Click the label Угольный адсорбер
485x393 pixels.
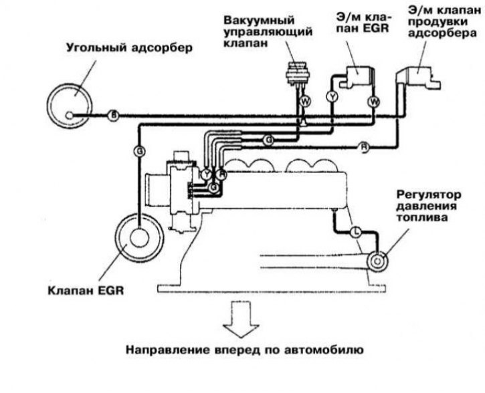[129, 48]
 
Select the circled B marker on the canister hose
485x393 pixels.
[114, 116]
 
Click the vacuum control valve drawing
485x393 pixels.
[296, 74]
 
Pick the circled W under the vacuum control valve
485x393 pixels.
[305, 102]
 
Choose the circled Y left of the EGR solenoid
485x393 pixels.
[332, 97]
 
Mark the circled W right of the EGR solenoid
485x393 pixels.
[374, 102]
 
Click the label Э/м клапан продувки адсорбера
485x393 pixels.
[443, 22]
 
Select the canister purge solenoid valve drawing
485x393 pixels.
[418, 78]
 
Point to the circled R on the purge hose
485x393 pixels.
[364, 147]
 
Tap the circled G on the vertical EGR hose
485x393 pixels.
[140, 152]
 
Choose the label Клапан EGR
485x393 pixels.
[86, 291]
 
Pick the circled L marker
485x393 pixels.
[357, 231]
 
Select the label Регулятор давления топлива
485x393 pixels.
[428, 206]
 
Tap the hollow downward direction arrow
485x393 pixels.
[241, 319]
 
